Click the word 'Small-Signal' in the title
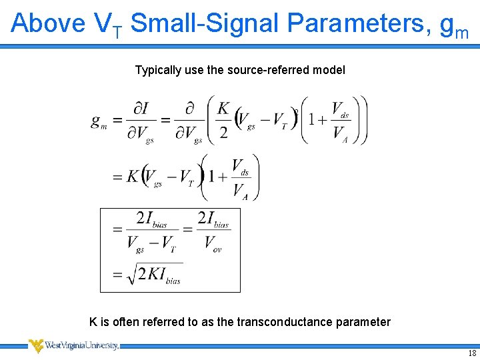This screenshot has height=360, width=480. click(x=205, y=23)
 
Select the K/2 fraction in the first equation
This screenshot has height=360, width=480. click(x=223, y=121)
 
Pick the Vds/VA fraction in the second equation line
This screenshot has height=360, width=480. click(x=240, y=177)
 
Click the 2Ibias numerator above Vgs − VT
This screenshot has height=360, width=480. click(x=151, y=219)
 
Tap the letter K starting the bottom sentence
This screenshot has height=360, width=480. click(x=93, y=322)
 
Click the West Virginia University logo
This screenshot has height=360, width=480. click(x=73, y=345)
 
